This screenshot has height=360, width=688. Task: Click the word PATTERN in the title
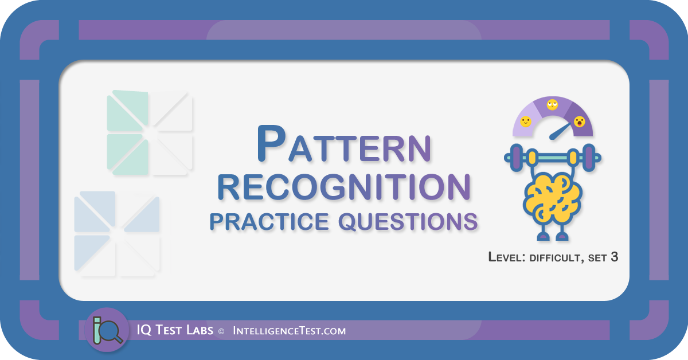[344, 143]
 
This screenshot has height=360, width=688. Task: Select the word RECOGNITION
[344, 187]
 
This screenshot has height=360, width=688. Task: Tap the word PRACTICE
[269, 221]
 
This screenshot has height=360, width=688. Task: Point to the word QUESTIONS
[408, 222]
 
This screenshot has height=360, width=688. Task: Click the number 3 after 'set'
[614, 257]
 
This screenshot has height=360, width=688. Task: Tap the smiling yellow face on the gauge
[526, 122]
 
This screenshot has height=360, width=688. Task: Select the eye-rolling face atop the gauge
[552, 105]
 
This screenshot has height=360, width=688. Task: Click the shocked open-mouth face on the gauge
[579, 122]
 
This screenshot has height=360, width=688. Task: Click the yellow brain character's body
[553, 199]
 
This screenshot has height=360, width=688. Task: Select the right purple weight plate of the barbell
[589, 158]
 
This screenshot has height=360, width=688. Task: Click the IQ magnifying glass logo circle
[107, 330]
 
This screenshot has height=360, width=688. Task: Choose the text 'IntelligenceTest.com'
[290, 331]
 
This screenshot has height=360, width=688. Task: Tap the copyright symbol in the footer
[221, 331]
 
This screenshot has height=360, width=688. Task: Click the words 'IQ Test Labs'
[175, 330]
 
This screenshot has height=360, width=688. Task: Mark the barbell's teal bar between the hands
[553, 158]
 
